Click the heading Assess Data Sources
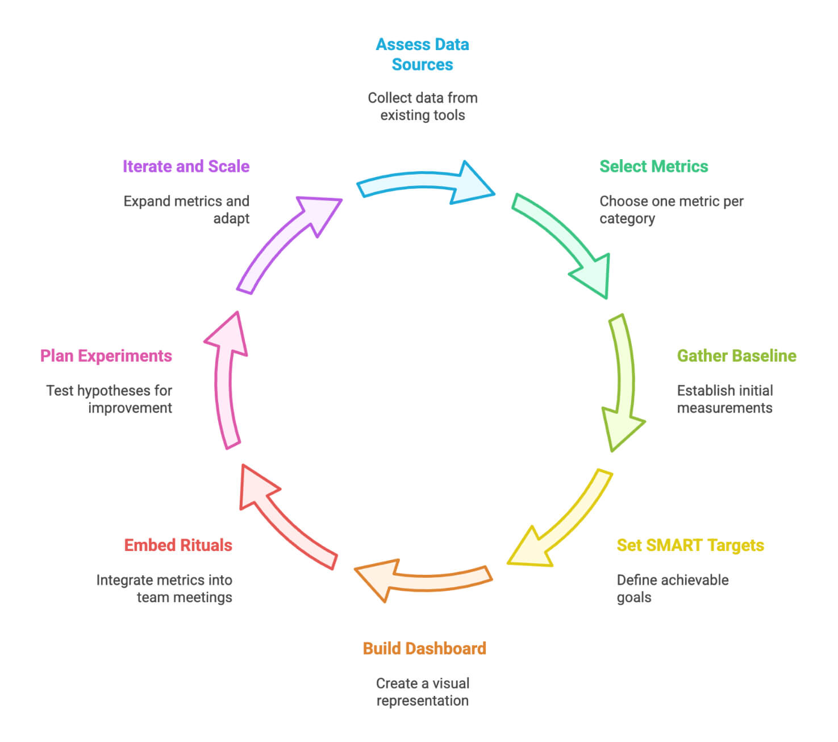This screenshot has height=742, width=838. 422,55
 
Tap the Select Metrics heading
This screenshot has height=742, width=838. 653,166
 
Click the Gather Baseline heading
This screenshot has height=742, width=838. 736,355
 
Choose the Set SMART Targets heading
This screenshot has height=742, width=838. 690,545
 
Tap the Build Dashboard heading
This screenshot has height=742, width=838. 424,648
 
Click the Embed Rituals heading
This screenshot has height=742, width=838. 178,545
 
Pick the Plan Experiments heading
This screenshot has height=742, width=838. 106,355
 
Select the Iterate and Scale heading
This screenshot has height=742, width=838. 186,166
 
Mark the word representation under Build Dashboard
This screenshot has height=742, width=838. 422,700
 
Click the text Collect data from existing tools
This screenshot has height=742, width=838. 422,106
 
